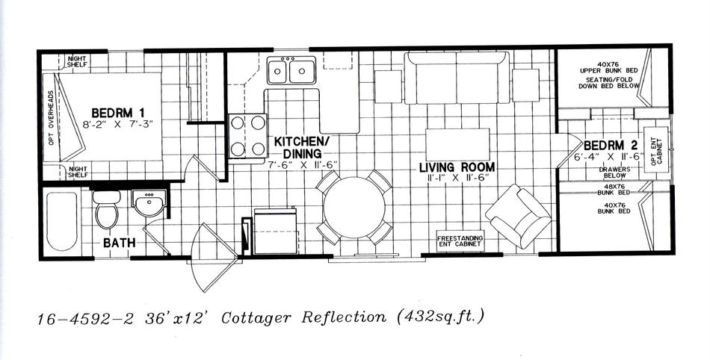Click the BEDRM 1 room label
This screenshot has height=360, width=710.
point(118,113)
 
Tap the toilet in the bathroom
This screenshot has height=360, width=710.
point(107,209)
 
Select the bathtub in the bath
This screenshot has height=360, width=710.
point(61,222)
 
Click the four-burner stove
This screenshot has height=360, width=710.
point(247,135)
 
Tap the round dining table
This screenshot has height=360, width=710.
point(354,208)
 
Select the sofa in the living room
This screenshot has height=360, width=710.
point(457,78)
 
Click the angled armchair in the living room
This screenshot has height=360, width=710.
point(519,216)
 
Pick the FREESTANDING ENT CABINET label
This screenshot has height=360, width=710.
point(460,241)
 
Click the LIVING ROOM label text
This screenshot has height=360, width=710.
point(457,167)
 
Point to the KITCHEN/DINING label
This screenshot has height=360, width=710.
point(302,147)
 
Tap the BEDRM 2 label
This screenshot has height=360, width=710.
point(611,146)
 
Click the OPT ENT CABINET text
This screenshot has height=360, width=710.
point(656,149)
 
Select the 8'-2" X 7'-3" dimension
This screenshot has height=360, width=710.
point(118,125)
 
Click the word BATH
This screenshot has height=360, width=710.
point(119,243)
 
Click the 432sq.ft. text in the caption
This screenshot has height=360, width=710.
point(440,316)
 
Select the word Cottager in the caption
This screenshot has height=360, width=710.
point(256,318)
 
